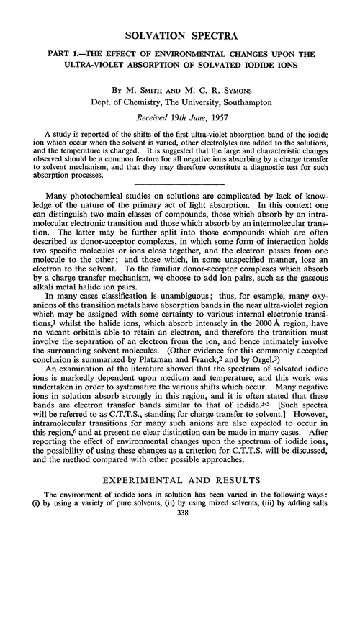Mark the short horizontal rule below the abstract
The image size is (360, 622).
180,184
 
